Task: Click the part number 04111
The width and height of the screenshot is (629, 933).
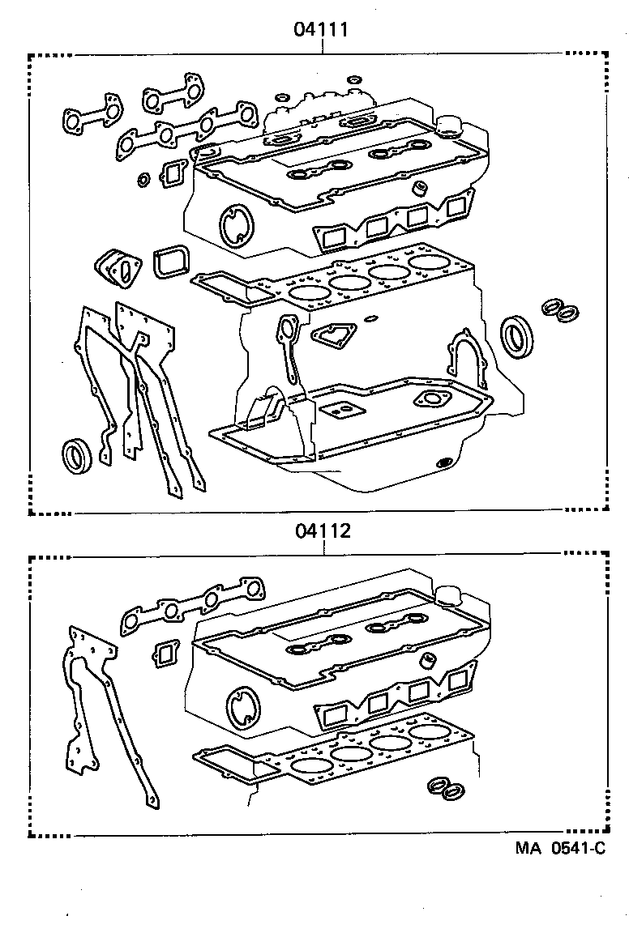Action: [x=322, y=31]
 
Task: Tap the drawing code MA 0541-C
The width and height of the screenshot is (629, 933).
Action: [x=559, y=849]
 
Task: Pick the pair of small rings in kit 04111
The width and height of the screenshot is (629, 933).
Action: [x=560, y=309]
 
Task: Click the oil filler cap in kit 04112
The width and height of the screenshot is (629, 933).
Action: [x=447, y=593]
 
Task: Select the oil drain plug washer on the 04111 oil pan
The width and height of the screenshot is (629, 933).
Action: [x=444, y=462]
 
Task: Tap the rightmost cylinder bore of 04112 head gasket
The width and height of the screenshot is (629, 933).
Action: [x=430, y=732]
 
